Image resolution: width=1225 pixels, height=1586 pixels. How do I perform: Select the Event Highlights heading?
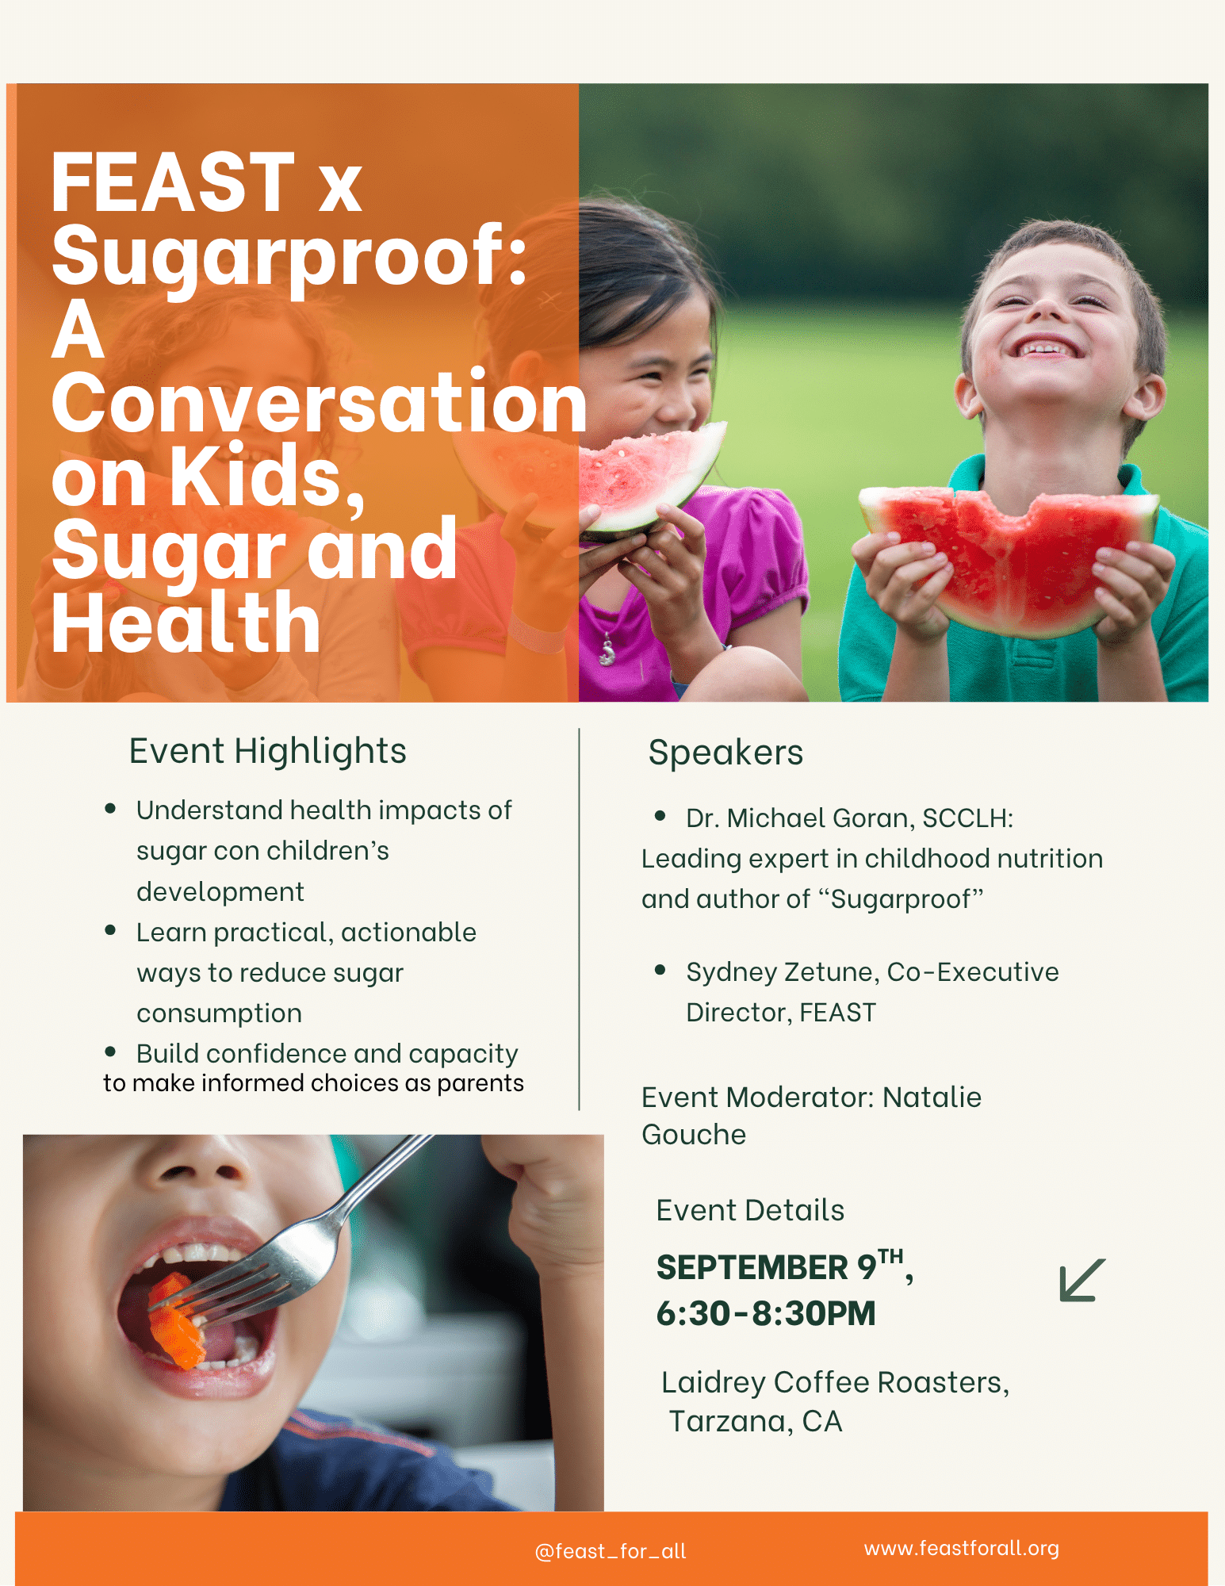tap(268, 752)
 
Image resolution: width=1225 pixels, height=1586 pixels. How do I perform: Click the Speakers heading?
tap(725, 753)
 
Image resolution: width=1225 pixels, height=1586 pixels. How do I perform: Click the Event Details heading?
tap(750, 1211)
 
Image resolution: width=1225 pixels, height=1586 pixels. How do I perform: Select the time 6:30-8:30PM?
tap(766, 1313)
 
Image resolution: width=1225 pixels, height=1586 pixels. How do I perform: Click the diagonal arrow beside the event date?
tap(1082, 1280)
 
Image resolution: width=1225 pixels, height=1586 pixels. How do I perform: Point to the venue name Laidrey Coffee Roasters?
tap(833, 1383)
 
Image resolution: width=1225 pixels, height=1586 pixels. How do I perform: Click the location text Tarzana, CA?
tap(756, 1422)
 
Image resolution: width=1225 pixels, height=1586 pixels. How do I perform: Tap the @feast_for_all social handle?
tap(611, 1551)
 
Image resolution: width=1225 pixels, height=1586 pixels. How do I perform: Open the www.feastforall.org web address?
tap(962, 1548)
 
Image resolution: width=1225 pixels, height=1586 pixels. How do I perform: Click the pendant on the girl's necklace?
tap(607, 652)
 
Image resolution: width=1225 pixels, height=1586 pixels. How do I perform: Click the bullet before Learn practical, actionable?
tap(110, 930)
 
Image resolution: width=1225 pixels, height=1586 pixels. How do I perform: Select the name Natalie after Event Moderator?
tap(932, 1098)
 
